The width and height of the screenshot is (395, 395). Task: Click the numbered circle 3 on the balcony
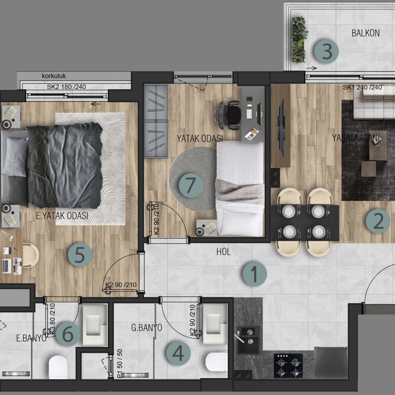pos(326,51)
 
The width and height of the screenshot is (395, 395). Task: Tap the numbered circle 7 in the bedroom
pos(191,185)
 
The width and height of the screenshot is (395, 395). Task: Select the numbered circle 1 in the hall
pos(255,274)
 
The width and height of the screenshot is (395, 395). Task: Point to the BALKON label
pos(366,33)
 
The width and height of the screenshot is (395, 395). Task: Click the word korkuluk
pos(54,76)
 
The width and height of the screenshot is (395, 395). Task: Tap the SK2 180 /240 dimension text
pos(66,87)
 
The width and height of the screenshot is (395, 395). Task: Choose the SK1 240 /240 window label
pos(362,87)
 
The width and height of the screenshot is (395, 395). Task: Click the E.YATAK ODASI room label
pos(62,216)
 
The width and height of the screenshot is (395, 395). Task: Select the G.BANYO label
pos(146,327)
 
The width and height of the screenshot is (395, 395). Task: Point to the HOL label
pos(223,252)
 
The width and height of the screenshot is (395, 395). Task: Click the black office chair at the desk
pos(228,115)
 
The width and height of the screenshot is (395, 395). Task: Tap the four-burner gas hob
pos(288,366)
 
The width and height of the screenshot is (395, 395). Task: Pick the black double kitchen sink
pos(248,339)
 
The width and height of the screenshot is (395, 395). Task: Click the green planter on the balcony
pos(299,40)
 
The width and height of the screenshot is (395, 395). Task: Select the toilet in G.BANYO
pos(216,362)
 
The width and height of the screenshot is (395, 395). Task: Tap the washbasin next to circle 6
pos(95,325)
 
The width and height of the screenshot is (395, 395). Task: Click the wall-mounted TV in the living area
pos(281,128)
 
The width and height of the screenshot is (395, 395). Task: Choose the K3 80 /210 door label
pos(52,319)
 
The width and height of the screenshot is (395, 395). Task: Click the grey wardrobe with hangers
pos(156,122)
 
